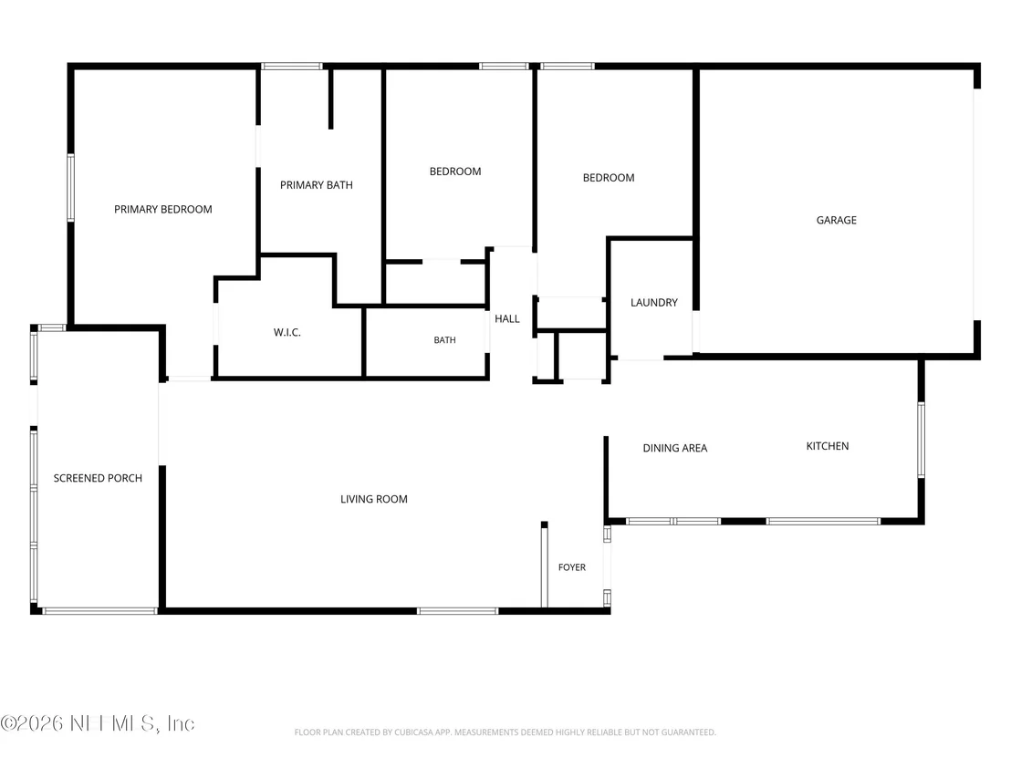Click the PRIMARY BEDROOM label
click(163, 210)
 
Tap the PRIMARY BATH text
click(317, 185)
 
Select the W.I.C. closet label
click(287, 333)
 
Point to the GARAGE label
click(837, 220)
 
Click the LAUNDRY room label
click(654, 302)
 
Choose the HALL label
click(506, 318)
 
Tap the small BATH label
click(445, 339)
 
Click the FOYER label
click(572, 567)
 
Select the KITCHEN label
click(828, 446)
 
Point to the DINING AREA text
click(675, 448)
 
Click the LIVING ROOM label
click(374, 499)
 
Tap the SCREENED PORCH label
click(98, 478)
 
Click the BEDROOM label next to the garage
click(609, 178)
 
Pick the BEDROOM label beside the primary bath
click(455, 171)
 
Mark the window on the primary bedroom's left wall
click(71, 188)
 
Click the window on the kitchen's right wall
click(921, 440)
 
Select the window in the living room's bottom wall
click(458, 610)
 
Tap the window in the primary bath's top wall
click(291, 66)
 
